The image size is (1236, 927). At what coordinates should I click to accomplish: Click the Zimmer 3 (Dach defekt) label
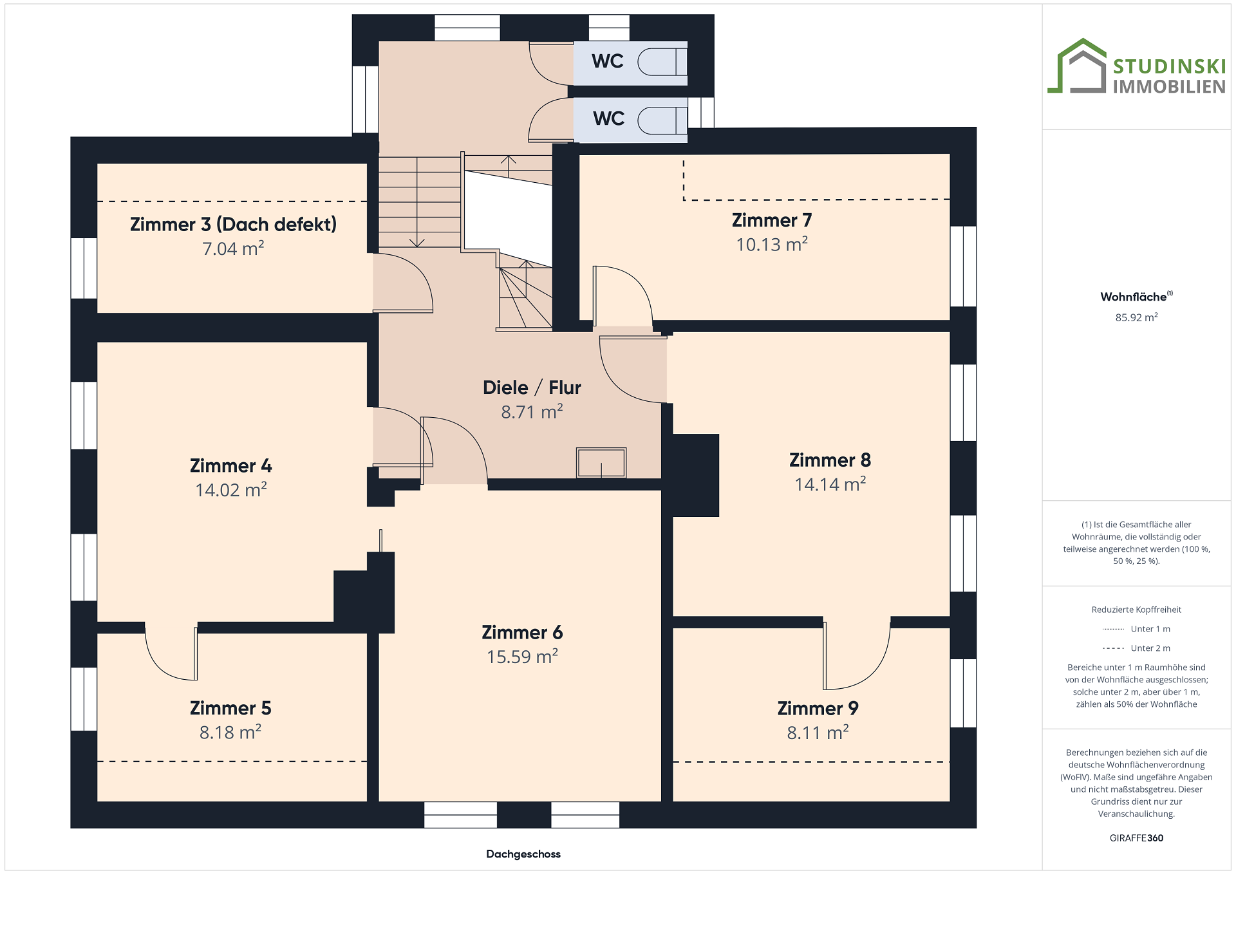pyautogui.click(x=233, y=224)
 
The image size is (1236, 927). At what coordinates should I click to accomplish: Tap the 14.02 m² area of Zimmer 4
pyautogui.click(x=231, y=490)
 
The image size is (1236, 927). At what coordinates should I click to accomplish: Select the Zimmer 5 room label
pyautogui.click(x=230, y=708)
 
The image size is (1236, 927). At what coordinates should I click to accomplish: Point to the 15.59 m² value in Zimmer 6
pyautogui.click(x=522, y=657)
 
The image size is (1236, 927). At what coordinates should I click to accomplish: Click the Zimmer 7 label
pyautogui.click(x=772, y=220)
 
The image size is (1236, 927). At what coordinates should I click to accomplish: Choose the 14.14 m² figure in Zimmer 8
pyautogui.click(x=830, y=484)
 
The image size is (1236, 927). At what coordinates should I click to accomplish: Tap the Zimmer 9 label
pyautogui.click(x=818, y=708)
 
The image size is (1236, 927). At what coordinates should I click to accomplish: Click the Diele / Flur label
pyautogui.click(x=532, y=388)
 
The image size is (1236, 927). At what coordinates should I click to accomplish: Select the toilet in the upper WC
pyautogui.click(x=662, y=62)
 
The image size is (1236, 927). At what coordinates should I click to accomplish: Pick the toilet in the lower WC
pyautogui.click(x=662, y=120)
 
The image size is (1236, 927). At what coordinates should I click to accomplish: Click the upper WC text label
pyautogui.click(x=608, y=61)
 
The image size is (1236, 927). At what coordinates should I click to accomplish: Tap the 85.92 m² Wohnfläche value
pyautogui.click(x=1137, y=317)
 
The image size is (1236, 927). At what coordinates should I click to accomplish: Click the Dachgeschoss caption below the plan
pyautogui.click(x=523, y=854)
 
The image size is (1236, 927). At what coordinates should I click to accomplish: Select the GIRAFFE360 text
pyautogui.click(x=1137, y=838)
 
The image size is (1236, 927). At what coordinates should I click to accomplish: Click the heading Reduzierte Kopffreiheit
pyautogui.click(x=1137, y=610)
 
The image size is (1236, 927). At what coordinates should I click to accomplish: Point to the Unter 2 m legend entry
pyautogui.click(x=1137, y=648)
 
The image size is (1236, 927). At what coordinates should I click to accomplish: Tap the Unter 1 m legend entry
pyautogui.click(x=1137, y=629)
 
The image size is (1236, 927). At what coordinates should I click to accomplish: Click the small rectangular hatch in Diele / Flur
pyautogui.click(x=601, y=463)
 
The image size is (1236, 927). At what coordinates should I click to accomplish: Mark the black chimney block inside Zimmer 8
pyautogui.click(x=695, y=475)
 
